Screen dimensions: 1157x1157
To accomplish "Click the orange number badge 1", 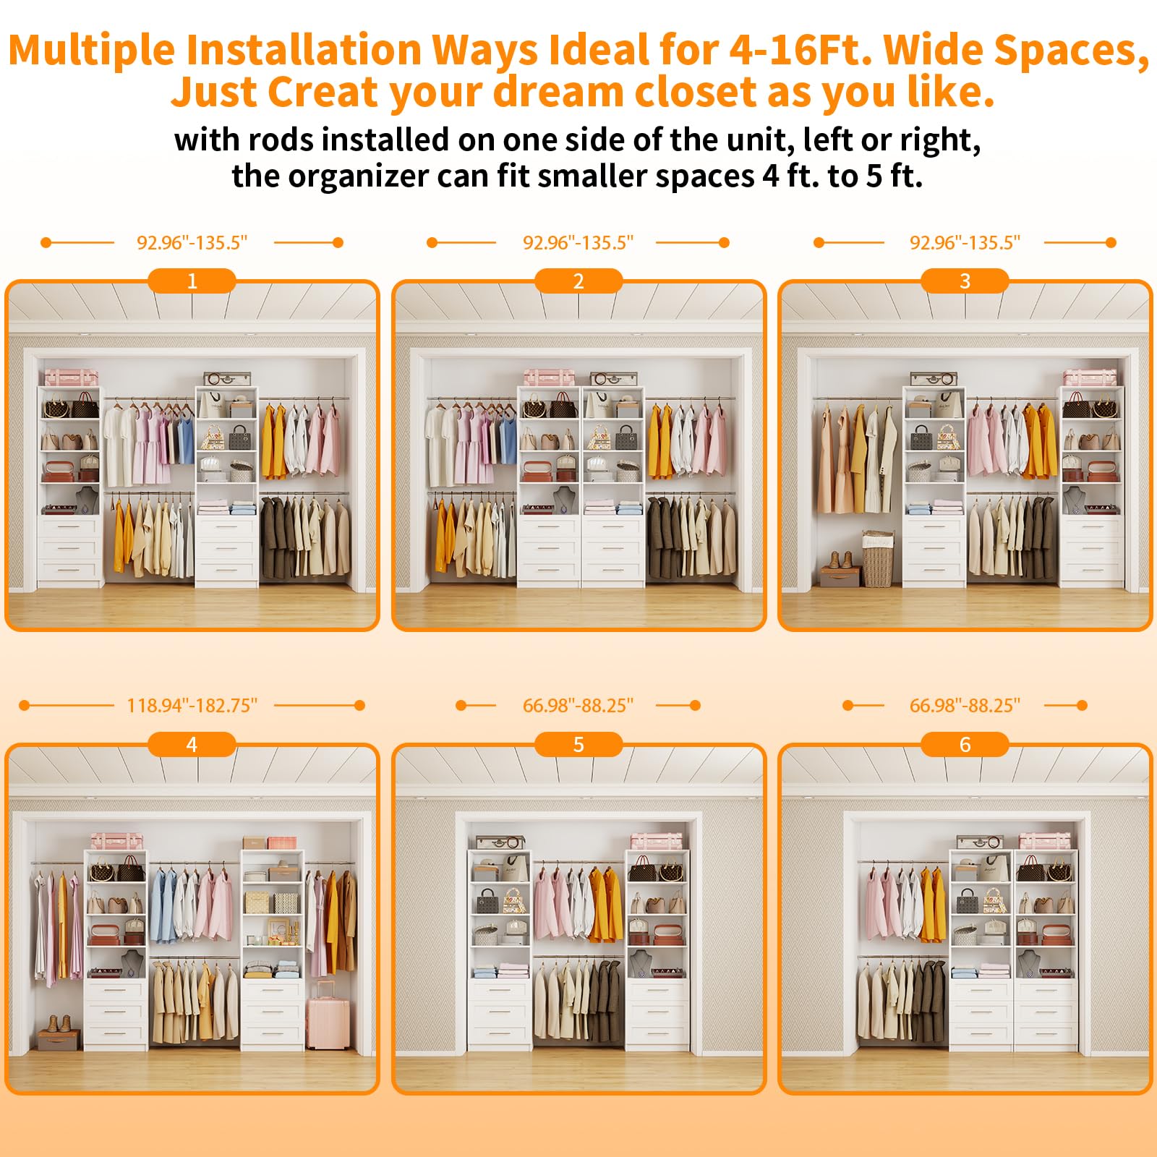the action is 192,281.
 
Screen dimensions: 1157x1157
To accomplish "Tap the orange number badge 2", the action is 578,281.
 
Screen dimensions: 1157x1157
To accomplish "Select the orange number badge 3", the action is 965,281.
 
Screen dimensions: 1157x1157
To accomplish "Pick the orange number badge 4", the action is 192,744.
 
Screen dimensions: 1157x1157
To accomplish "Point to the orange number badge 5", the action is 578,744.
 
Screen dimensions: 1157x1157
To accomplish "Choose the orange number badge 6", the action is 965,744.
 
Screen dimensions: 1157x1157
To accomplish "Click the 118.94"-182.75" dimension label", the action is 192,706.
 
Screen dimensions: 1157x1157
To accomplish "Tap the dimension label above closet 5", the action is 578,706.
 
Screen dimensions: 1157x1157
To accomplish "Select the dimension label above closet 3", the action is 965,243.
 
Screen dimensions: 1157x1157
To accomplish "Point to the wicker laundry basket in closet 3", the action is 878,558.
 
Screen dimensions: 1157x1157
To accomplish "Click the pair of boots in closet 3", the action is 840,560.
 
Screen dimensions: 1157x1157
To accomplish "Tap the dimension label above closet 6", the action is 965,706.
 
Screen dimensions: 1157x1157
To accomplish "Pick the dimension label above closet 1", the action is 192,243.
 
